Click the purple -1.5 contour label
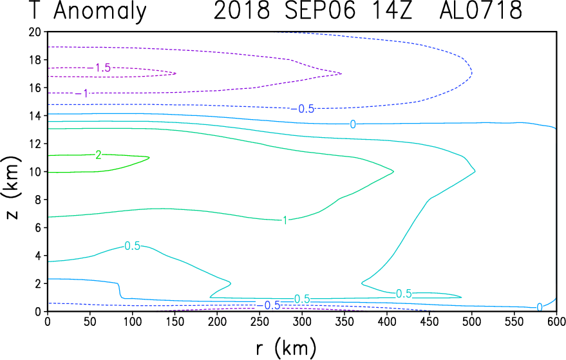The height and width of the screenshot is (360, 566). (99, 68)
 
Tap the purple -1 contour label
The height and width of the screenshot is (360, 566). (82, 93)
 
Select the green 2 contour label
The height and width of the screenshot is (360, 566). (98, 155)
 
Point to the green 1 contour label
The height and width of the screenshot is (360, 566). (285, 220)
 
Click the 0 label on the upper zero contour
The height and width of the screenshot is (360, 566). (353, 124)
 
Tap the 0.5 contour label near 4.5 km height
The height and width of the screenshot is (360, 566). (132, 246)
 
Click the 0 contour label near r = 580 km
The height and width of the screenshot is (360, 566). (540, 307)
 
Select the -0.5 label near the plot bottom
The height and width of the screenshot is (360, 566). (269, 305)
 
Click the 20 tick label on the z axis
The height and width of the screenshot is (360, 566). (35, 32)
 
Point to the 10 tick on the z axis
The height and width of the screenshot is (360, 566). (35, 171)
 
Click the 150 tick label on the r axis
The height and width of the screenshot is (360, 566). (175, 322)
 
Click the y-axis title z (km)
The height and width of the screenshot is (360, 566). (12, 188)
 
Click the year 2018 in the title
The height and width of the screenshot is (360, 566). (241, 10)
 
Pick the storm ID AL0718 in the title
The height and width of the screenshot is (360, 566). (480, 10)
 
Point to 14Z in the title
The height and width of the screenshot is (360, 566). (391, 10)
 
